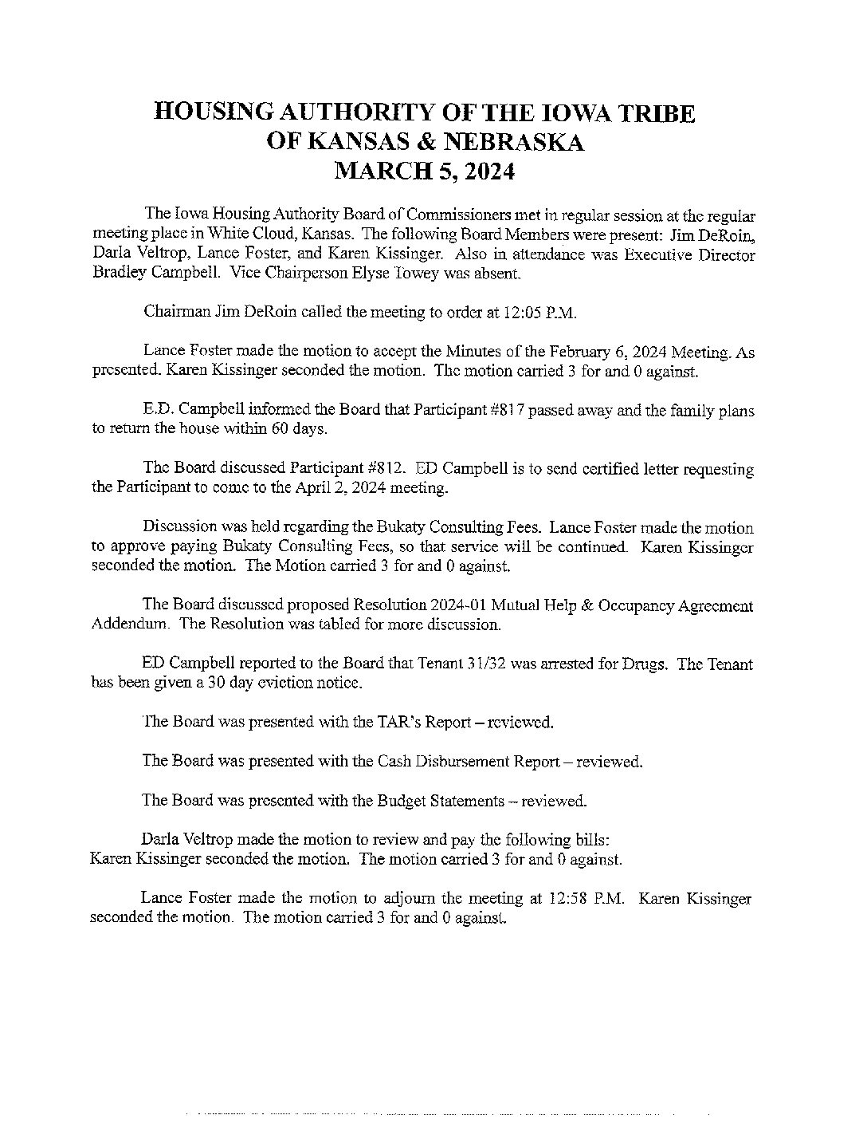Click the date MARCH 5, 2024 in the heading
pos(423,171)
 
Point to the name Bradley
pos(119,274)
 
